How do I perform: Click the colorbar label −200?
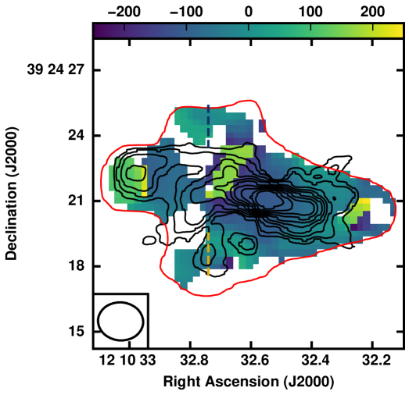coord(124,12)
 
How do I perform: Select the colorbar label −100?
coord(186,12)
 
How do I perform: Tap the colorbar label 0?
coord(249,12)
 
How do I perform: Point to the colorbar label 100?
coord(310,12)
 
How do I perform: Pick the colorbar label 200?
coord(372,12)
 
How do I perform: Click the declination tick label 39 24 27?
coord(56,69)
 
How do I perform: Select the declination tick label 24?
coord(77,135)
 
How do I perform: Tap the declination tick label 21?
coord(77,201)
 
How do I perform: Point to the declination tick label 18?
coord(77,266)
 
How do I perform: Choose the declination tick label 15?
coord(77,332)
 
